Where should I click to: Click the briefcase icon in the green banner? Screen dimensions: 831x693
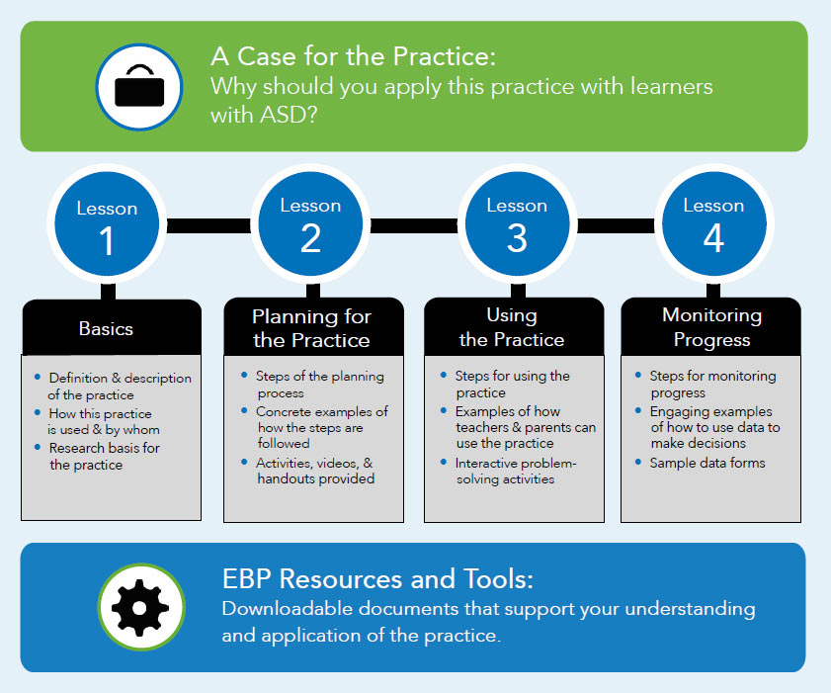pos(139,86)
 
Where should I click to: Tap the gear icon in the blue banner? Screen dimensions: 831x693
pos(140,608)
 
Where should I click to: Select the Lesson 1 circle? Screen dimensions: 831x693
pos(107,224)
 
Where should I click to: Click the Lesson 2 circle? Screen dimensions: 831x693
pos(310,224)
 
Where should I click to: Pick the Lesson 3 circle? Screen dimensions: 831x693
pos(517,224)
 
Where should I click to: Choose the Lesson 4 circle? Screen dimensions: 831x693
pos(713,224)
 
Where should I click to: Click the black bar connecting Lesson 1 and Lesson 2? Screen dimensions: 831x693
pos(208,225)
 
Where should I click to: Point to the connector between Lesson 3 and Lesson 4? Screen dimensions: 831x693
pos(616,225)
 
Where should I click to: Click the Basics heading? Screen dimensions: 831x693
pos(106,329)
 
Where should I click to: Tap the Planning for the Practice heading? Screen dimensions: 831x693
pos(311,328)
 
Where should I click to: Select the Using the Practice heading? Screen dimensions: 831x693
pos(512,327)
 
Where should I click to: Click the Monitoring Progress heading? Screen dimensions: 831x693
pos(711,327)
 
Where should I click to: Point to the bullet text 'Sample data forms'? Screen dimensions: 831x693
pos(707,463)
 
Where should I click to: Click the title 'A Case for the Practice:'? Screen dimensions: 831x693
pos(353,56)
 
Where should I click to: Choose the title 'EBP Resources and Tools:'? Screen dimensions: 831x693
pos(377,578)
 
